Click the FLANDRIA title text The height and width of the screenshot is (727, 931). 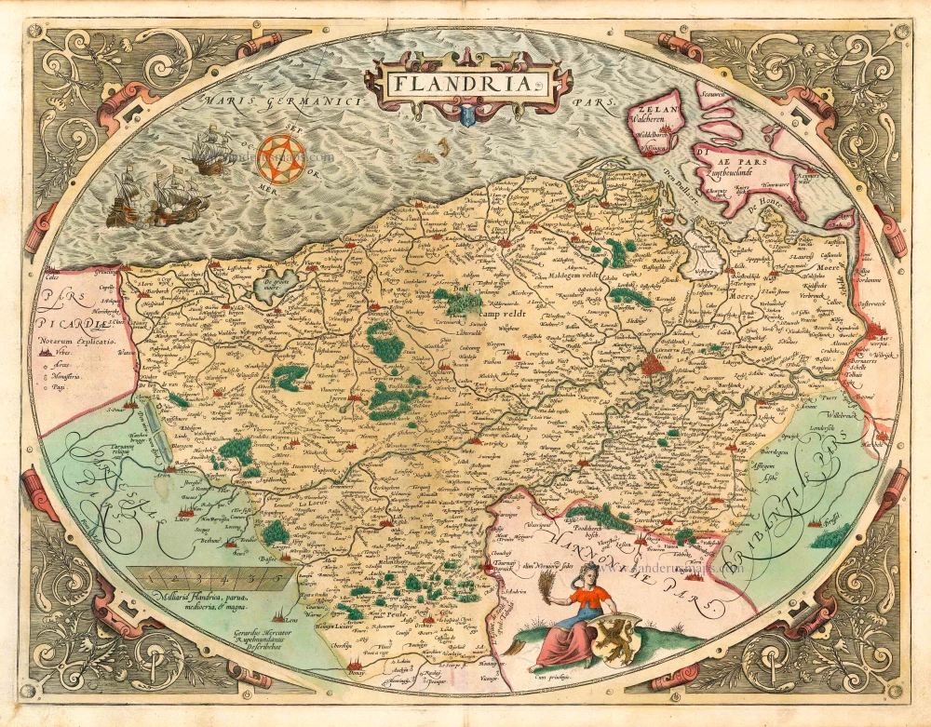coord(462,84)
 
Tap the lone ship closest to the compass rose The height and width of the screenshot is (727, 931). coord(210,150)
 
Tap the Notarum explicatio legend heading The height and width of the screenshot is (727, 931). coord(75,343)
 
